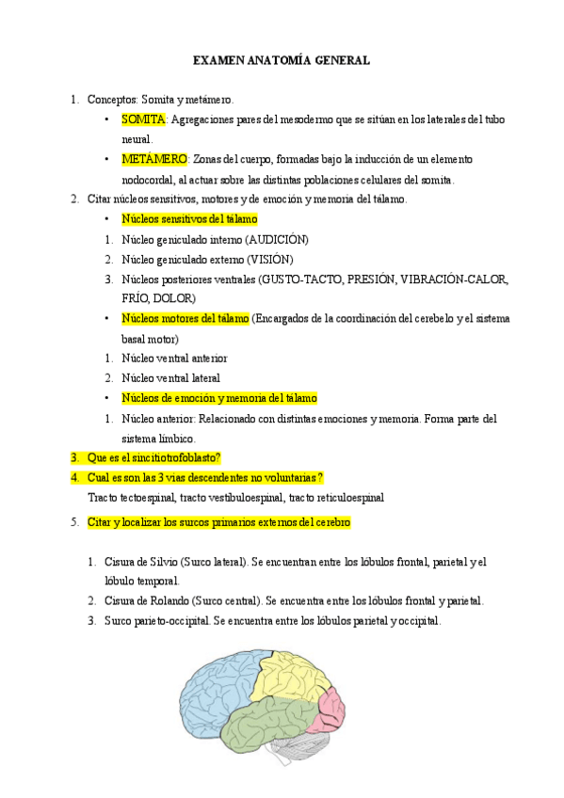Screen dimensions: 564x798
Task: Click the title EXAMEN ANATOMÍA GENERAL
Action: click(x=282, y=60)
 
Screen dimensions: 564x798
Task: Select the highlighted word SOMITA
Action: click(x=143, y=120)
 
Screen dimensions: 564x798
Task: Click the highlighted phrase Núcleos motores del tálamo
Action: click(x=185, y=319)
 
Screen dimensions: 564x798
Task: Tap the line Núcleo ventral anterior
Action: click(x=174, y=359)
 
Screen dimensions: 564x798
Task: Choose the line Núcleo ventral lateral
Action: click(x=170, y=378)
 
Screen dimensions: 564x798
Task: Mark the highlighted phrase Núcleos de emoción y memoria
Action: click(x=219, y=398)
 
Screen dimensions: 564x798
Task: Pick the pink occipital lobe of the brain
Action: click(x=332, y=707)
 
